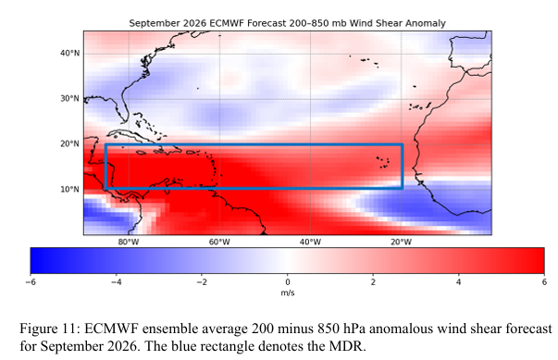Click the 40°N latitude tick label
(69, 54)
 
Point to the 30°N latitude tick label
(69, 98)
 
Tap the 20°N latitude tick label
(69, 143)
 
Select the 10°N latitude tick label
(69, 189)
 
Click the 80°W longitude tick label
(129, 242)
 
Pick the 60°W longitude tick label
(219, 242)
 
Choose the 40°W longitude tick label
(310, 242)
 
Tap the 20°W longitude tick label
(401, 242)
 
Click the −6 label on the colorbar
(31, 282)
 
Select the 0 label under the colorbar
(288, 282)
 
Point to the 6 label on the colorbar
(544, 282)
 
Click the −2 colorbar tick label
(202, 282)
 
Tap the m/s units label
(288, 293)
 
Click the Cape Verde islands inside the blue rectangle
(383, 162)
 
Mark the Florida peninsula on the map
(122, 106)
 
